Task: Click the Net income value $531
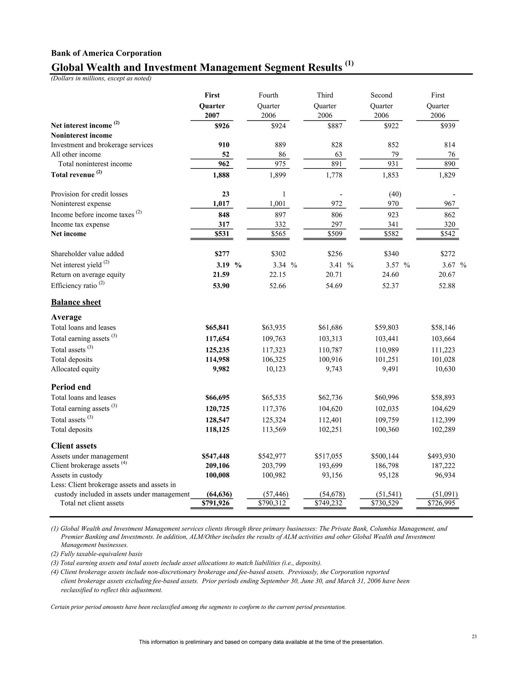tap(222, 234)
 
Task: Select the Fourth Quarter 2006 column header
tap(268, 106)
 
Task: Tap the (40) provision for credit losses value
tap(395, 194)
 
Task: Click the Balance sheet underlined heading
tap(76, 302)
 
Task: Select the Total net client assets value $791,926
tap(215, 503)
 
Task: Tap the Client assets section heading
tap(74, 446)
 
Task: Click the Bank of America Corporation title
tap(106, 53)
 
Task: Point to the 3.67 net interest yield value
tap(446, 265)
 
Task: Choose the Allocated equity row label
tap(75, 369)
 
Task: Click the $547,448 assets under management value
tap(215, 456)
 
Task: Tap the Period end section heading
tap(71, 387)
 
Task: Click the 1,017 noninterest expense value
tap(221, 204)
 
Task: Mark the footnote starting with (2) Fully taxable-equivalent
tap(97, 554)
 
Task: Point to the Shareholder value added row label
tap(87, 254)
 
